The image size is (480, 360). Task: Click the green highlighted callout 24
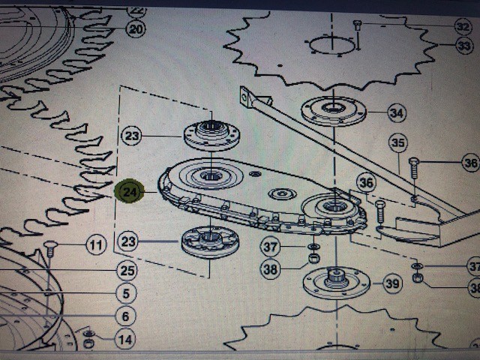point(129,191)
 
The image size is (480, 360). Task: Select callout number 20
point(136,29)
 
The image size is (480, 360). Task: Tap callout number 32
point(463,27)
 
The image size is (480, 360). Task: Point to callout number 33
point(463,46)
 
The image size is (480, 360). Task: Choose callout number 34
point(397,113)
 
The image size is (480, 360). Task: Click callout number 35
point(398,142)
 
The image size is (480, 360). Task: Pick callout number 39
point(393,283)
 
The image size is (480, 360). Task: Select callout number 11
point(96,245)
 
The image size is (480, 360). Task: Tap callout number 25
point(127,270)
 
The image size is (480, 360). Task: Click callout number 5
point(126,293)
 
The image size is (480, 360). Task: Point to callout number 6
point(125,316)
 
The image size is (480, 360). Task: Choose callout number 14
point(125,340)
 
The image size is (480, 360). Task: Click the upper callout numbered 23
point(132,135)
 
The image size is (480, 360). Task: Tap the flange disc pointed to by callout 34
point(334,111)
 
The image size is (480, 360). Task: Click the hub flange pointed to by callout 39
point(337,283)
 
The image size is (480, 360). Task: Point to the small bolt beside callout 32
point(357,25)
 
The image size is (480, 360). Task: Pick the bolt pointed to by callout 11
point(50,249)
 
